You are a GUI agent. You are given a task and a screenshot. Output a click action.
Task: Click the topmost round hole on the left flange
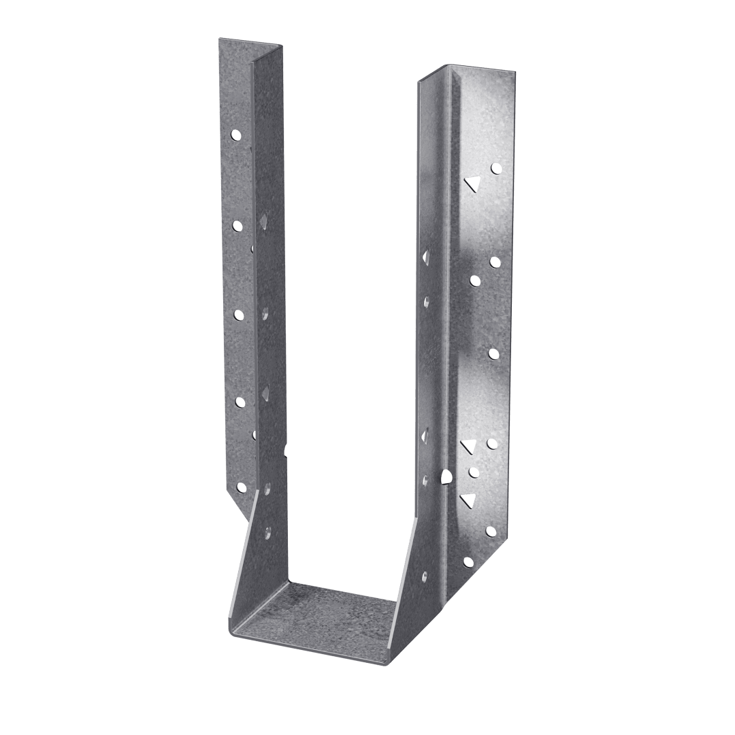pyautogui.click(x=236, y=135)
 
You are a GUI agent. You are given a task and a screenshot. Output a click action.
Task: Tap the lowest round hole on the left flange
pyautogui.click(x=240, y=487)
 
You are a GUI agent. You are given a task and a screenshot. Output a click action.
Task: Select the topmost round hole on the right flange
pyautogui.click(x=496, y=167)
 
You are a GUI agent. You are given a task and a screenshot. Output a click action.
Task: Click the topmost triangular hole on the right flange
pyautogui.click(x=470, y=182)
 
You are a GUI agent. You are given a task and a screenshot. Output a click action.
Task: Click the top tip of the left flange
pyautogui.click(x=219, y=39)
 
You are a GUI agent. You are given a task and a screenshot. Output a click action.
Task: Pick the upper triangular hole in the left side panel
pyautogui.click(x=263, y=220)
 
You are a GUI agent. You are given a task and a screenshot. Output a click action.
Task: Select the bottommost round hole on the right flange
pyautogui.click(x=468, y=562)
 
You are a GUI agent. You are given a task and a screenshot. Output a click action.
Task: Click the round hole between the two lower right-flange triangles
pyautogui.click(x=474, y=472)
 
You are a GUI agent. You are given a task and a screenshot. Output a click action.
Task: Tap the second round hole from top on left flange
pyautogui.click(x=238, y=224)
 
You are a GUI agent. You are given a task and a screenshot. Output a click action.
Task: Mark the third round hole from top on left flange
pyautogui.click(x=239, y=314)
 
